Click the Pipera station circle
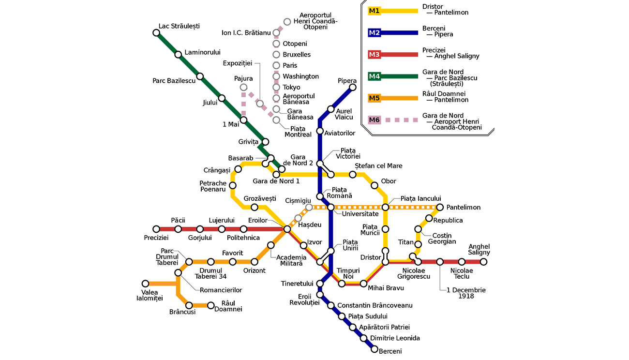tap(353, 87)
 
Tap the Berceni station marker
tap(374, 349)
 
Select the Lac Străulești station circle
tap(156, 33)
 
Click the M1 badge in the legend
tap(374, 11)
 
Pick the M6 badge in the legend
tap(374, 120)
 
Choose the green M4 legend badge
tap(374, 76)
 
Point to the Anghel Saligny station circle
tap(483, 262)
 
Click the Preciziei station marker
tap(156, 229)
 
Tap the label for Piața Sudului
tap(368, 316)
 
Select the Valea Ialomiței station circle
tap(145, 284)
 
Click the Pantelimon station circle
tap(440, 207)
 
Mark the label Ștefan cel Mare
tap(378, 165)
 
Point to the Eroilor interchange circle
tap(287, 229)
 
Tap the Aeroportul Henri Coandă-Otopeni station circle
tap(287, 22)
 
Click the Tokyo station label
tap(291, 87)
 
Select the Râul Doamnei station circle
tap(210, 305)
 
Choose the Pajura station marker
tap(243, 87)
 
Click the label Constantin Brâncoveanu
tap(375, 305)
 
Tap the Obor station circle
tap(374, 185)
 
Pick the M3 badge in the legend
tap(374, 55)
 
